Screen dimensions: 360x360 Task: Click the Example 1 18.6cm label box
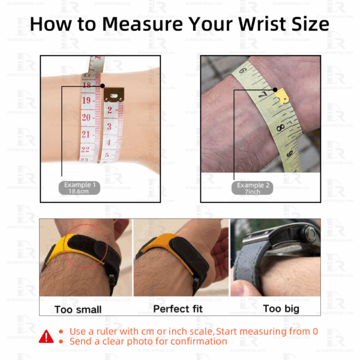(79, 187)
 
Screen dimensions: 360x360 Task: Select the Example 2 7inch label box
(253, 187)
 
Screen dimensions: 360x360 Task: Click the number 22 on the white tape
(85, 149)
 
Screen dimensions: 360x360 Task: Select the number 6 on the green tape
(244, 71)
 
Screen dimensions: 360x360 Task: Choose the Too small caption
(78, 310)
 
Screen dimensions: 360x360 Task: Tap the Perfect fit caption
(178, 309)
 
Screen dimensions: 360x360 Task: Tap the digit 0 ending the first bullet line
(314, 331)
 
